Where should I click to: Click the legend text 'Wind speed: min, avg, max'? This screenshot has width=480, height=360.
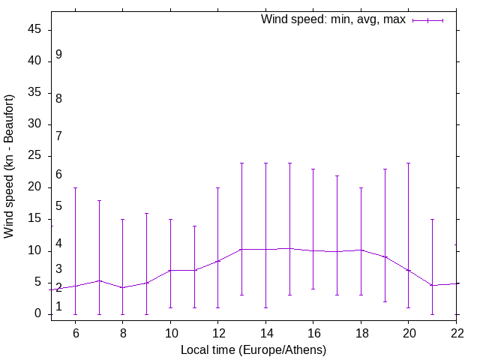point(332,19)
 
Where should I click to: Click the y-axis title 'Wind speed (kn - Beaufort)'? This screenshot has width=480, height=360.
point(10,166)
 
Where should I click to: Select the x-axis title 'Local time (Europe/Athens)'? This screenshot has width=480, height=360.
point(253,349)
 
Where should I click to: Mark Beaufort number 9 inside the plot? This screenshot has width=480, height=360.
point(58,55)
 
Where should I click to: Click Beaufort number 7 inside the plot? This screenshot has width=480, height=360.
point(58,136)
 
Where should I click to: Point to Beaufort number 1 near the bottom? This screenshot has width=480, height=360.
point(58,307)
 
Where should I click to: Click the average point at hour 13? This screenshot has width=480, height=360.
point(241,249)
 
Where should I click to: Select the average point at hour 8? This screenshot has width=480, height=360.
point(123,287)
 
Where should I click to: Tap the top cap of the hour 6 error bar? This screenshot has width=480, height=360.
point(75,187)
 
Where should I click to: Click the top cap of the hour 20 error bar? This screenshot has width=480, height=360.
point(408,163)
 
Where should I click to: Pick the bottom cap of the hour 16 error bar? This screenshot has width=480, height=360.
point(313,289)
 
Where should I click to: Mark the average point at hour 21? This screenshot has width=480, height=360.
point(432,285)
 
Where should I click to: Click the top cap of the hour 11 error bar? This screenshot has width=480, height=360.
point(194,226)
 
